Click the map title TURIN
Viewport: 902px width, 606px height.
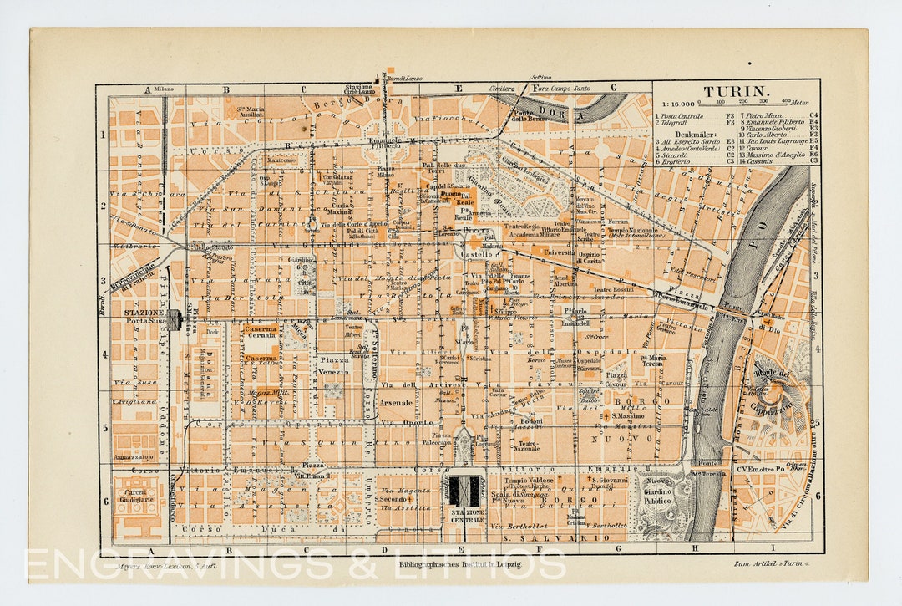(x=735, y=92)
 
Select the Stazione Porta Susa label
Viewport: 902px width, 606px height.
(x=147, y=318)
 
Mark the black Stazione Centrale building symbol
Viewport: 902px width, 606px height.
(x=465, y=491)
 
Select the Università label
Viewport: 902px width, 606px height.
(x=559, y=252)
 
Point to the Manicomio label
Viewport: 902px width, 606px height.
(x=281, y=160)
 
